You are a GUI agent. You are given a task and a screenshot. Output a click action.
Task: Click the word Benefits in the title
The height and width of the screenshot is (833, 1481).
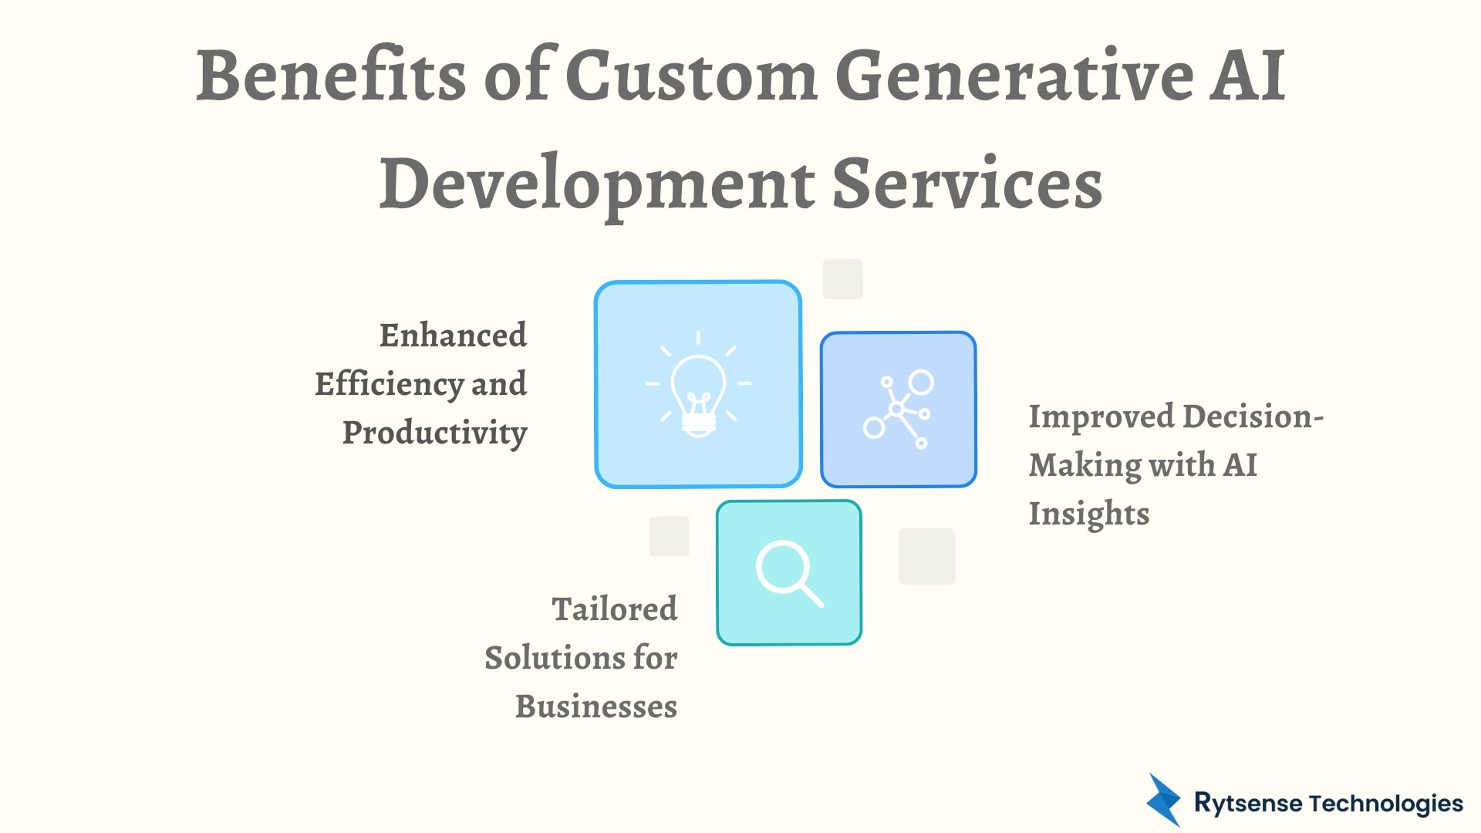(x=331, y=76)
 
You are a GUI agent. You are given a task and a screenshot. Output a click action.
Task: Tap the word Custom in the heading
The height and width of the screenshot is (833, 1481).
(x=691, y=76)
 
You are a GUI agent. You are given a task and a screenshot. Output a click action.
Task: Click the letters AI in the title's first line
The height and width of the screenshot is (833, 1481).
(x=1247, y=76)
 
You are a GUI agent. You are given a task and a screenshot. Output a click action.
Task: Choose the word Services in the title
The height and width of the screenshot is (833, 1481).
(x=968, y=184)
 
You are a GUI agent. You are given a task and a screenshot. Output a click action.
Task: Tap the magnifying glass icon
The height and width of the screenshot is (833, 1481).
(x=788, y=573)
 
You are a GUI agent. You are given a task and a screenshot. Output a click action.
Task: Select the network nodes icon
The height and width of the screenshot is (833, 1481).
(x=898, y=410)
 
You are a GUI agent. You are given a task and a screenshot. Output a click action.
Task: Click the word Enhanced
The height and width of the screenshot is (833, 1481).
(x=453, y=336)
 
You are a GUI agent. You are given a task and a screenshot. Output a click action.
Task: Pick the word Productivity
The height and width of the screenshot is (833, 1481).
(x=434, y=433)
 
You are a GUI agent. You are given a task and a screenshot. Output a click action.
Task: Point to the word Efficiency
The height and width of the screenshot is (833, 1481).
(x=388, y=384)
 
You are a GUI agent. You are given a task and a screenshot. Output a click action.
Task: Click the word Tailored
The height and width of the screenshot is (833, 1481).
(x=614, y=609)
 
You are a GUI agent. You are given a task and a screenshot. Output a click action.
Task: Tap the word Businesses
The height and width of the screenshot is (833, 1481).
(x=596, y=707)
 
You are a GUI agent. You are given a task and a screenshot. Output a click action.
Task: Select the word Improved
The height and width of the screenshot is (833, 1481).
(x=1101, y=416)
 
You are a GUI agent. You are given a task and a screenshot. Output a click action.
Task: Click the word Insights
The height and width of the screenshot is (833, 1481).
(x=1088, y=514)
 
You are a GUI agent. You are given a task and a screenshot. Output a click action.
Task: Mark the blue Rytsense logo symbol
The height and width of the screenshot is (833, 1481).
(x=1163, y=801)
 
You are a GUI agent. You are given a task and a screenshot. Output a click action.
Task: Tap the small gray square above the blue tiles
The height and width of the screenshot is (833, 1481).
(x=842, y=279)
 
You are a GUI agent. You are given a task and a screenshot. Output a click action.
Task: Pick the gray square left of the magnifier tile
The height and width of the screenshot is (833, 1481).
(x=669, y=536)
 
